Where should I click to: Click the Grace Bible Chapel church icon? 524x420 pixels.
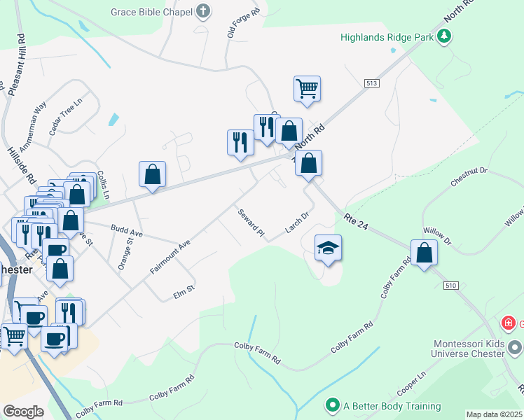pos(202,10)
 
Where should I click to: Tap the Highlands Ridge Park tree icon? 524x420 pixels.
pos(443,36)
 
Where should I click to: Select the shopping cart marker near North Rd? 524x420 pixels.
pos(307,89)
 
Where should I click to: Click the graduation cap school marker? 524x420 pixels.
pos(328,248)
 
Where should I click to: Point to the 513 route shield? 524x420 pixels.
pos(371,83)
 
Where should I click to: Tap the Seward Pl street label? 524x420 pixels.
pos(250,222)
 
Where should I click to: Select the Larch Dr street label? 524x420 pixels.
pos(297,223)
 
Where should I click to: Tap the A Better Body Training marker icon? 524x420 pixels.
pos(333,405)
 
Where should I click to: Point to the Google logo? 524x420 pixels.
pos(23,412)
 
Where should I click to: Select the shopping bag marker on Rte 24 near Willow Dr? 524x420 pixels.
pos(424,253)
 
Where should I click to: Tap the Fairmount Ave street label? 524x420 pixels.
pos(170,258)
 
